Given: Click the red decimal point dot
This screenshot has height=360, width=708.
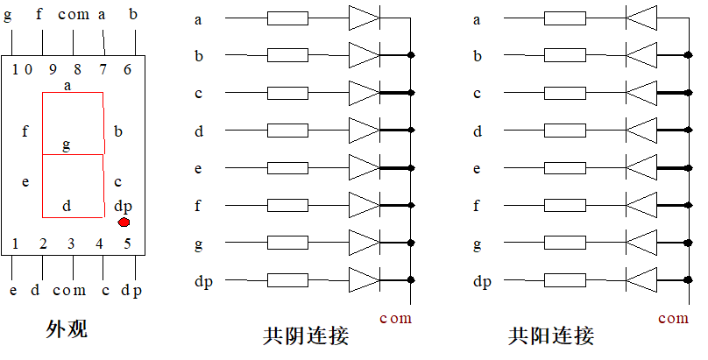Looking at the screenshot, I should click(x=124, y=222).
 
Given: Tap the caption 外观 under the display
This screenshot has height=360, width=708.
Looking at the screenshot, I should click(x=67, y=329).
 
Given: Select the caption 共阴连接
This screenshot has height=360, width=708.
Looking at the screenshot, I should click(x=306, y=335).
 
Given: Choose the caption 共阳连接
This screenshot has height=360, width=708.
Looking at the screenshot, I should click(x=551, y=335).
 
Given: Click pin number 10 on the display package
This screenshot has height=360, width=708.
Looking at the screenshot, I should click(x=22, y=68).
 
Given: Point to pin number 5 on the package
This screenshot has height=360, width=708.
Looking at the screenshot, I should click(x=128, y=243).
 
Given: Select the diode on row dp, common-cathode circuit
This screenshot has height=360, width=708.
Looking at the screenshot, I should click(x=364, y=280).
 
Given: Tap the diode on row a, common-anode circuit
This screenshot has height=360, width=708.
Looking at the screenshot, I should click(x=641, y=18).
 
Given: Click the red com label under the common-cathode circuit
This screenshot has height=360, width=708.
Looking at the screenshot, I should click(x=395, y=318).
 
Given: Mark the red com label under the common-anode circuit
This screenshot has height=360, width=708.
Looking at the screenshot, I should click(x=673, y=318).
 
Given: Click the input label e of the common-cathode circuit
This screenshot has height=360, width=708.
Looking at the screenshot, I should click(x=198, y=168).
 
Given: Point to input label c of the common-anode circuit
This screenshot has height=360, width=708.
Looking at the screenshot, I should click(x=477, y=93).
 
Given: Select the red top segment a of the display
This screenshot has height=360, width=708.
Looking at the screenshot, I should click(x=73, y=93).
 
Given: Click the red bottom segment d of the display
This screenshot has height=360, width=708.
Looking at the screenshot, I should click(x=73, y=216).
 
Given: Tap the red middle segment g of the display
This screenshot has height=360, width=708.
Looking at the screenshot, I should click(x=73, y=155).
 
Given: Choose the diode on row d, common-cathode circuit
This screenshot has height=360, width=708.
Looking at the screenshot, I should click(x=364, y=131).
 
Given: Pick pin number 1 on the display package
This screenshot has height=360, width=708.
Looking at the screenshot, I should click(x=15, y=243).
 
